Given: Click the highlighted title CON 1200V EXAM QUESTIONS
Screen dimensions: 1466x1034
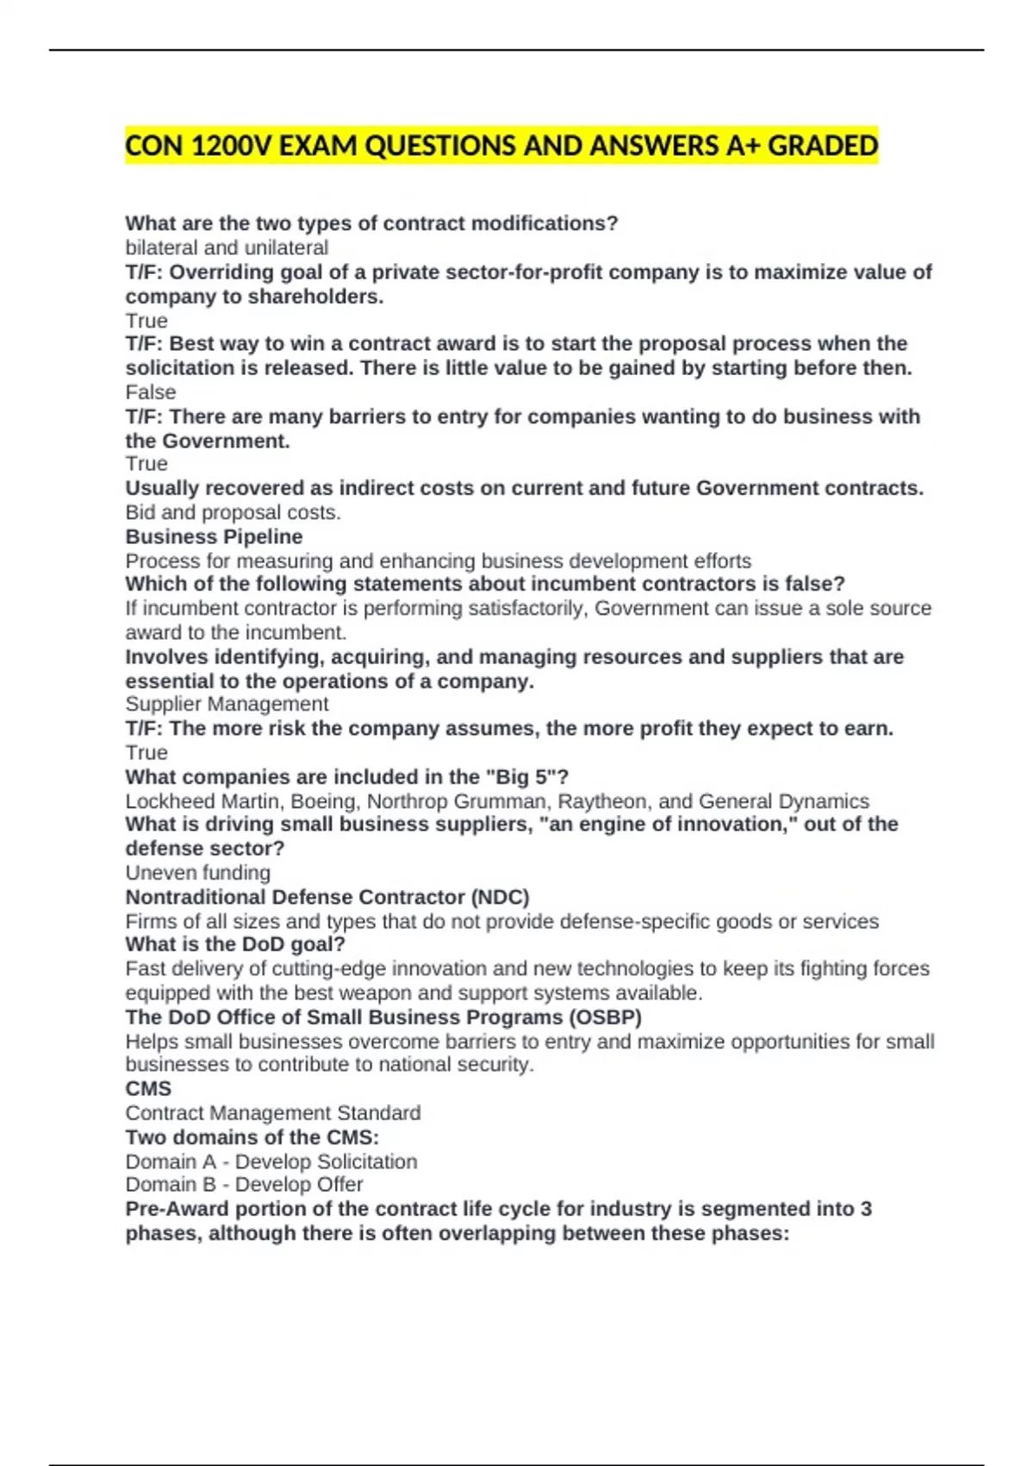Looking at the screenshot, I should (501, 146).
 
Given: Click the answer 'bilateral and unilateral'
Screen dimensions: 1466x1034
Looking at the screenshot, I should (227, 248).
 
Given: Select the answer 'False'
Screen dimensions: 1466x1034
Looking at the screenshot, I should (151, 392).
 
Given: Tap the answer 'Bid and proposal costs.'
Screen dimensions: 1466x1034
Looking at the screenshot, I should (233, 512).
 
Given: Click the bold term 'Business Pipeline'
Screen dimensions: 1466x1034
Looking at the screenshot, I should (214, 536).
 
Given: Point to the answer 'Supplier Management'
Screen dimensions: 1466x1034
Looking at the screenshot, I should (227, 705).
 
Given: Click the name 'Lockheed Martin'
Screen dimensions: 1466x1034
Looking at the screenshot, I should (204, 801).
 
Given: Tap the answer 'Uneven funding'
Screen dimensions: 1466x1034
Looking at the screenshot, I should (197, 873).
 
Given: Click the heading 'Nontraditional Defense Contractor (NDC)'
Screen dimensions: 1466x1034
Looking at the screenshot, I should (327, 897).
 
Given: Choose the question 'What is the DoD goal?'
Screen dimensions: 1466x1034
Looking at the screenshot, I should (235, 944).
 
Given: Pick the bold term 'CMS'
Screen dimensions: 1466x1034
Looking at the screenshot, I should (148, 1089).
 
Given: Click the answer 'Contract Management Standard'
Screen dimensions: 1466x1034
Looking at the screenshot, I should (273, 1113).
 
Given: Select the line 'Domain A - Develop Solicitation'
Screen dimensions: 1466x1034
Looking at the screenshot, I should (271, 1162).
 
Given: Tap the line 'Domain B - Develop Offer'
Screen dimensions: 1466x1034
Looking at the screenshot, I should (244, 1185).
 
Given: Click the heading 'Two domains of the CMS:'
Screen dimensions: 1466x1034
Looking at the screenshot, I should (252, 1137).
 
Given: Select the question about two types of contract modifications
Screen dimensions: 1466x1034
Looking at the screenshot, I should (371, 223).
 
